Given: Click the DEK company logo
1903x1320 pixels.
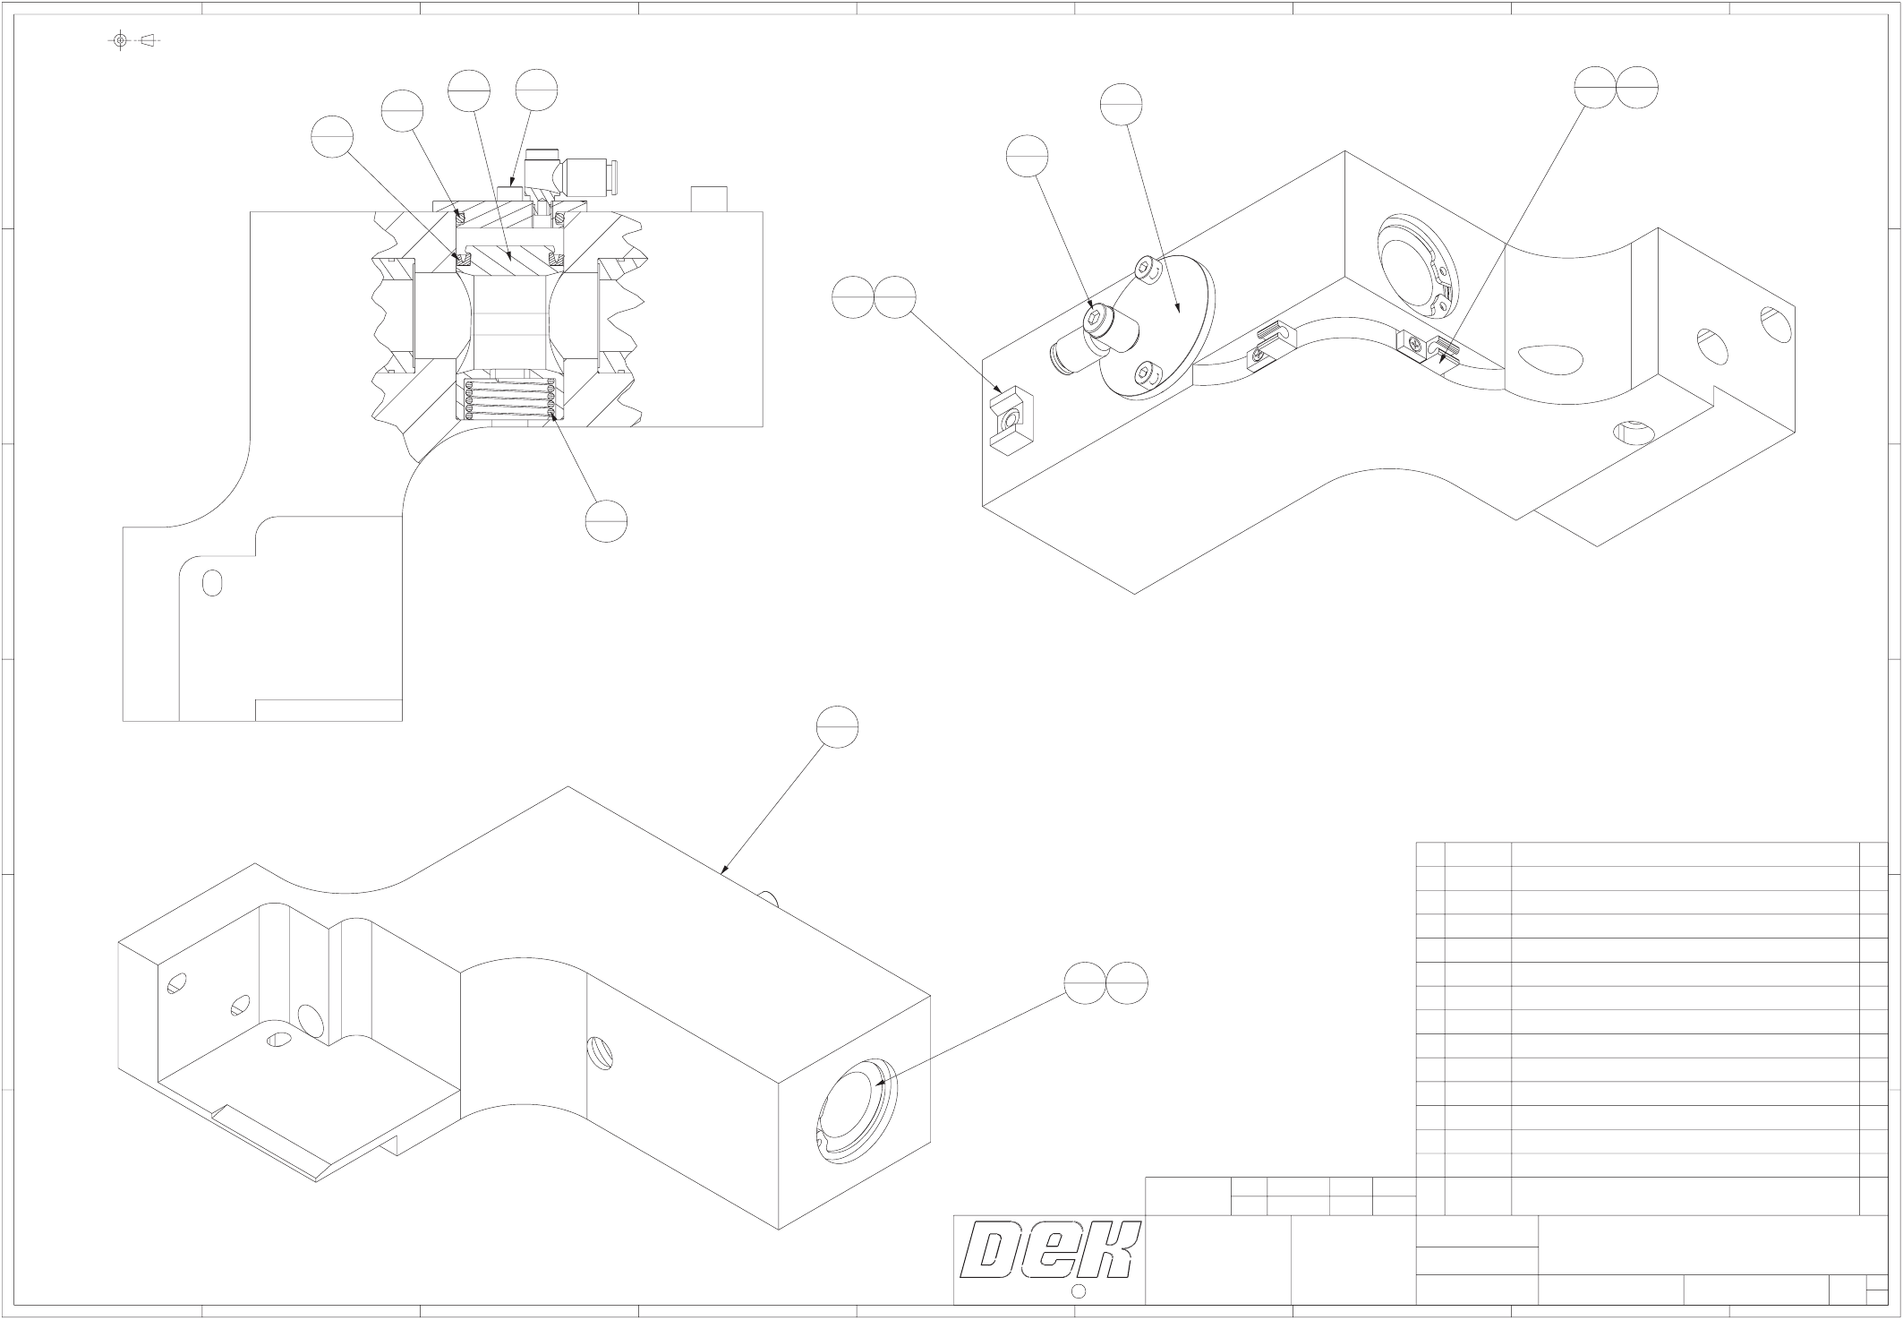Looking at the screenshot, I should pos(1049,1250).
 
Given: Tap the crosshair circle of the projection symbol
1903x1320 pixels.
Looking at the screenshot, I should pos(121,40).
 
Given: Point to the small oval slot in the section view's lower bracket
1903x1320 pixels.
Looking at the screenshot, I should pos(212,582).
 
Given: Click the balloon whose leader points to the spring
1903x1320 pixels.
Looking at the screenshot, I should pos(606,519).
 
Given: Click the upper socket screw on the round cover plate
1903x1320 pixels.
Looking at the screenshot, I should pos(1146,267).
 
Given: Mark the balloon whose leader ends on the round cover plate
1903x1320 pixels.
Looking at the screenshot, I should pos(1122,106).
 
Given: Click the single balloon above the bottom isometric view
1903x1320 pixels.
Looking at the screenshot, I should pos(837,726).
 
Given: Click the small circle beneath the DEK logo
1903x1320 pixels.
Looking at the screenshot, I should pos(1079,1290).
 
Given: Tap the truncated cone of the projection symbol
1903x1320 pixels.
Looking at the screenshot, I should pos(149,40).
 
